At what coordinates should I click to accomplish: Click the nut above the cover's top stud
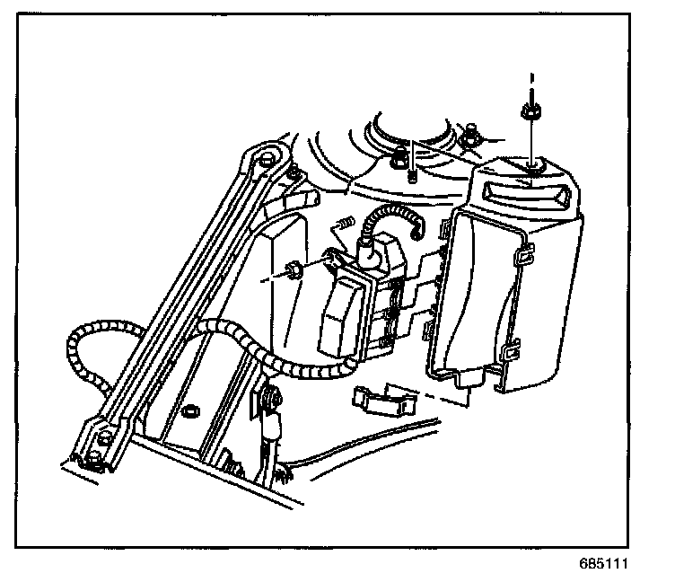(530, 111)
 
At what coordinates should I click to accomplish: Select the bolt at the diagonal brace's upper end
(267, 161)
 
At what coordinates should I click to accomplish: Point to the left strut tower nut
(397, 161)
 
